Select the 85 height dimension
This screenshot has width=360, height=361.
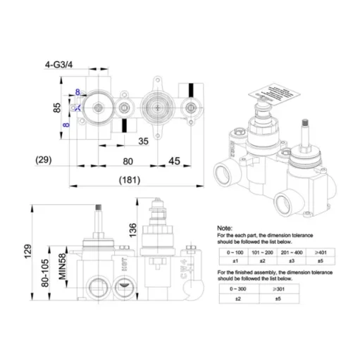pyautogui.click(x=57, y=108)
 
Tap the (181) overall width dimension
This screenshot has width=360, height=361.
pyautogui.click(x=128, y=179)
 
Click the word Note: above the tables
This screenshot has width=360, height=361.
pyautogui.click(x=224, y=229)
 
